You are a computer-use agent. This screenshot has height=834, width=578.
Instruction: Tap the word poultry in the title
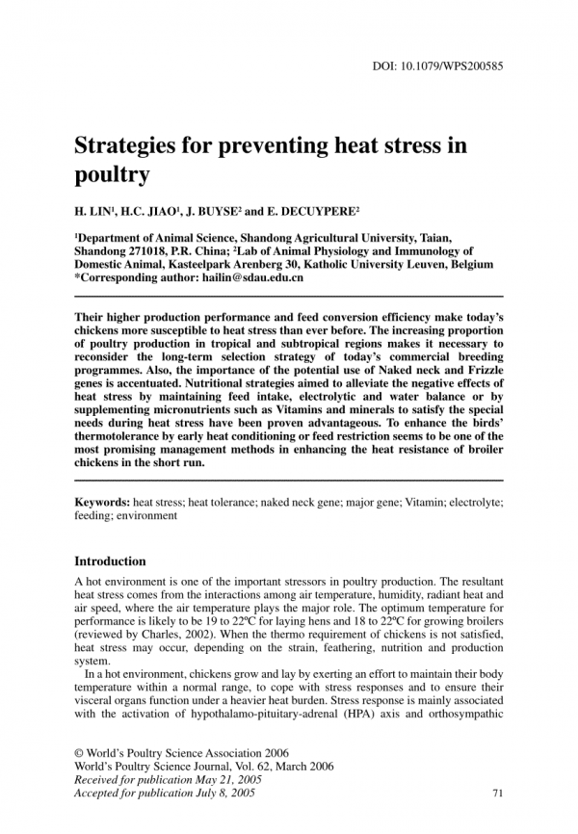pos(113,175)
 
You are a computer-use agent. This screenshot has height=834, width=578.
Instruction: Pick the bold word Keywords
pos(102,503)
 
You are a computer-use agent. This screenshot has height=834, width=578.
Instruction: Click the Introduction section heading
pos(110,561)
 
